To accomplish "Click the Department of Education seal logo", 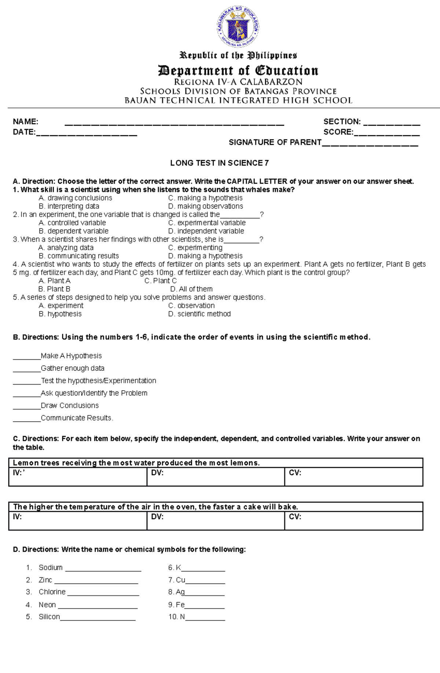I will point(238,27).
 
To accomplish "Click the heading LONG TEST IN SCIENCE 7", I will point(219,163).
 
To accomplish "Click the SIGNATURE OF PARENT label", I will point(275,142).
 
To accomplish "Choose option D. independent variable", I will point(206,231).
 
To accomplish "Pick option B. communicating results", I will point(78,256).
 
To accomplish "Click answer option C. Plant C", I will point(160,281).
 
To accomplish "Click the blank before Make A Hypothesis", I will point(26,358).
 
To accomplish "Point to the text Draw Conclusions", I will point(70,406).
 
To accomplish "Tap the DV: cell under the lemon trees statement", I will point(215,477).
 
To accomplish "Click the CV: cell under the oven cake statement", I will point(353,521).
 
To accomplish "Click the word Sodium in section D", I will point(51,568).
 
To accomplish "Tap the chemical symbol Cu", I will point(180,580).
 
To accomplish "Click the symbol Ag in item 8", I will point(180,592).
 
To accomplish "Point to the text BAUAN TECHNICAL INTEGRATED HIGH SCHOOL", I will point(238,100).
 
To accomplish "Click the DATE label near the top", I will point(24,132).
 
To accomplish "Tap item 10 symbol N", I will point(182,617).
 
